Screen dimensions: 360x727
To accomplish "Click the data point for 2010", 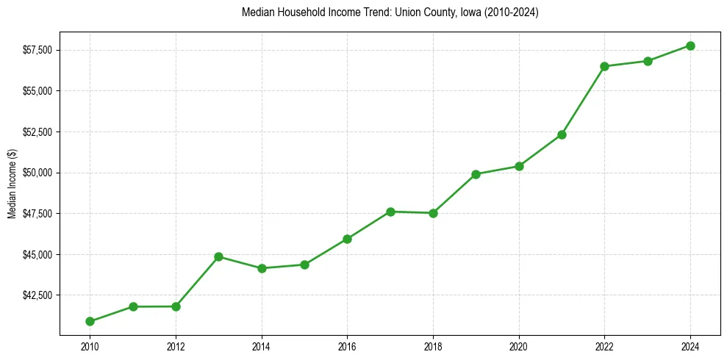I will pyautogui.click(x=90, y=321).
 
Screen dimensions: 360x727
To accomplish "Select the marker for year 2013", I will pyautogui.click(x=218, y=256).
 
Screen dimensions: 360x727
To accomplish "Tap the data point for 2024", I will pyautogui.click(x=690, y=46).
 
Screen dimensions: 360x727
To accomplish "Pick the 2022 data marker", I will pyautogui.click(x=604, y=66).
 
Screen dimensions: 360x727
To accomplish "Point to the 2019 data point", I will pyautogui.click(x=476, y=174).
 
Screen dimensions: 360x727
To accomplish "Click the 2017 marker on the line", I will pyautogui.click(x=390, y=212).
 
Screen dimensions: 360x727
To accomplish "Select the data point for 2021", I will pyautogui.click(x=562, y=134).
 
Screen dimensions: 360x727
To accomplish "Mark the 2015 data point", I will pyautogui.click(x=304, y=264).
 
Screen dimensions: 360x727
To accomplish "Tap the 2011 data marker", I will pyautogui.click(x=133, y=306).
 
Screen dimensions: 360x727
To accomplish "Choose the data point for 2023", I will pyautogui.click(x=648, y=61).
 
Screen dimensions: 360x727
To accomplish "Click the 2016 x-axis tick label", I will pyautogui.click(x=347, y=346).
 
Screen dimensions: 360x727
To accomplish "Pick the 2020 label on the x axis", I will pyautogui.click(x=519, y=346).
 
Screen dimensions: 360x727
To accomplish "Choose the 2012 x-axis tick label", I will pyautogui.click(x=176, y=346).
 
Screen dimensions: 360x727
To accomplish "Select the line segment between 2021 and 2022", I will pyautogui.click(x=583, y=101).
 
